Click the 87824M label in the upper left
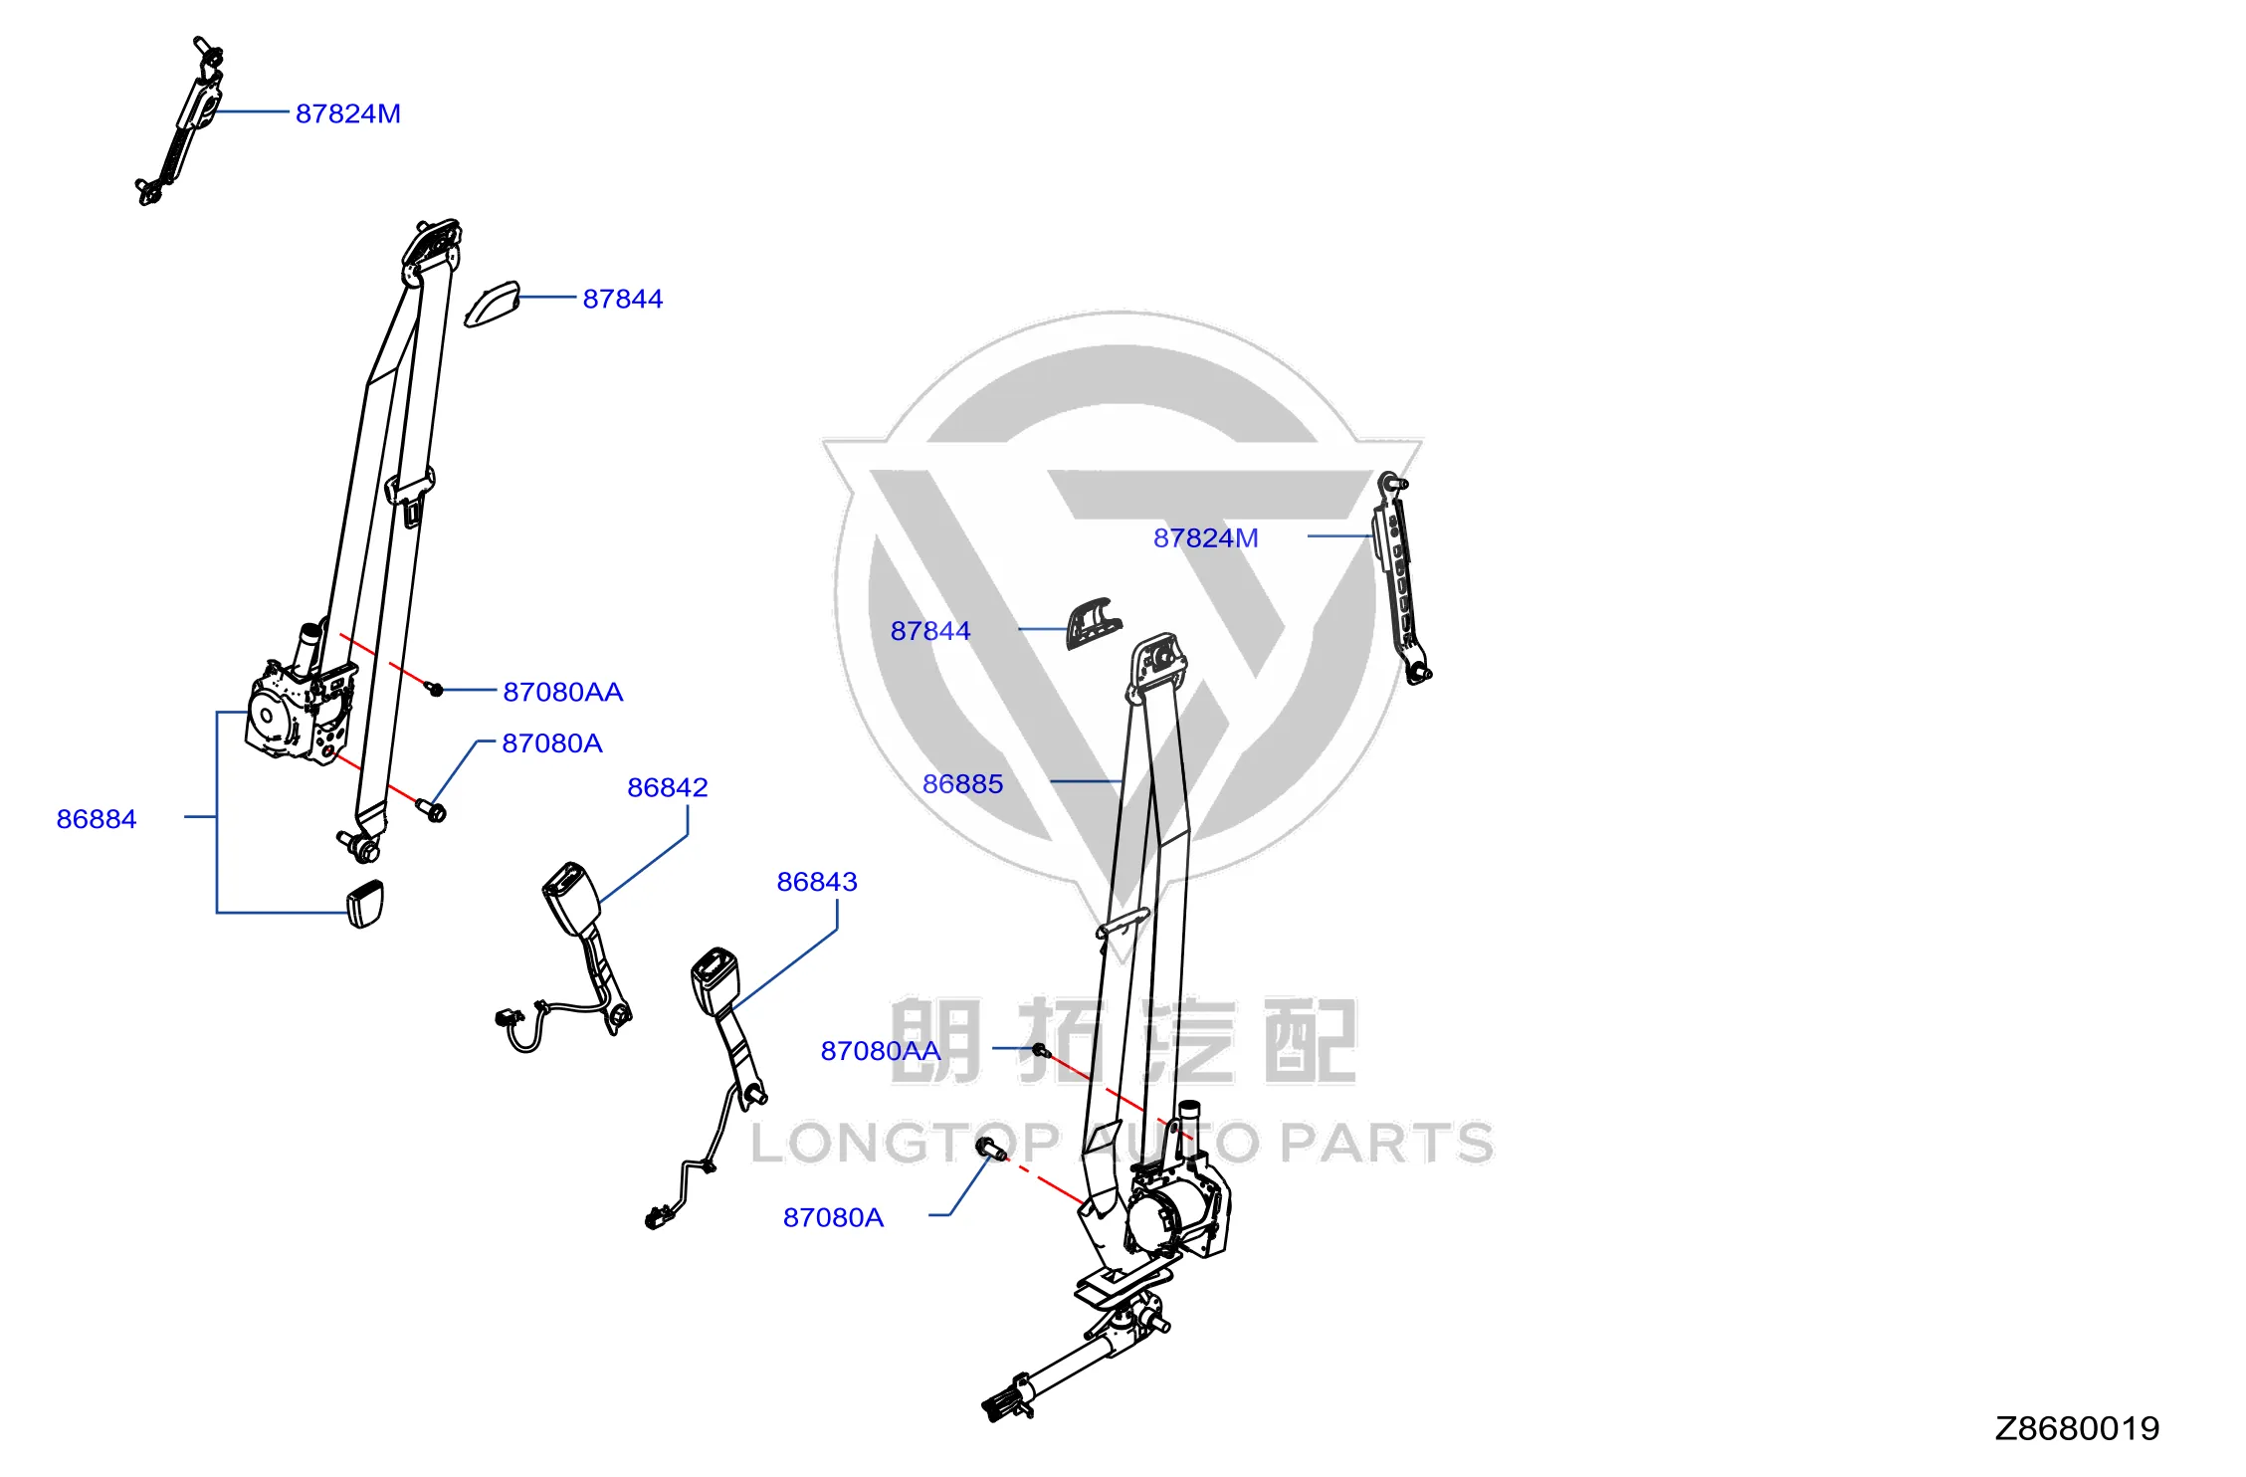(348, 113)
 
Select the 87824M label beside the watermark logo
(1205, 537)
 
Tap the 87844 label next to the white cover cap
(623, 299)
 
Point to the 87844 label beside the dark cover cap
(930, 631)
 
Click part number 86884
(97, 819)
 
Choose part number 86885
(962, 784)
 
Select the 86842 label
(668, 787)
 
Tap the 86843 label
(817, 882)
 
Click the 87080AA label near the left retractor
(563, 692)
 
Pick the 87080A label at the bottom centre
(833, 1217)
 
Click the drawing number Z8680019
(2077, 1428)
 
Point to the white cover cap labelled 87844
(493, 305)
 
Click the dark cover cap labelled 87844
(1094, 624)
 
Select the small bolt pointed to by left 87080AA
(435, 688)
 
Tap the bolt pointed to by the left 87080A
(431, 810)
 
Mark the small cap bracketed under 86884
(365, 904)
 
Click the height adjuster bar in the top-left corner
(180, 121)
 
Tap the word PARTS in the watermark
(1386, 1143)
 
